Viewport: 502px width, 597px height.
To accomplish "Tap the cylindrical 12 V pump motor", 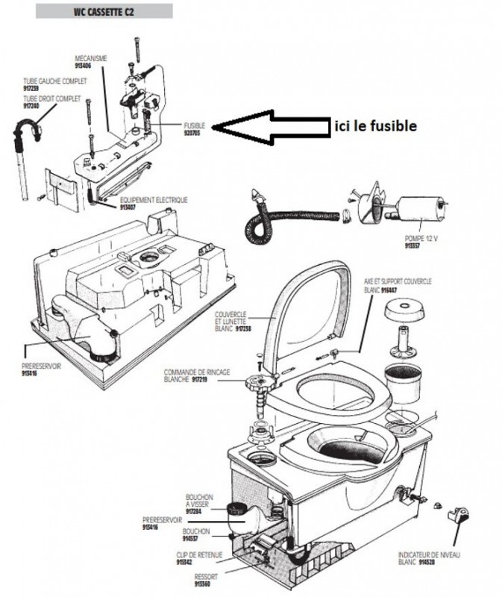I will [422, 206].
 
